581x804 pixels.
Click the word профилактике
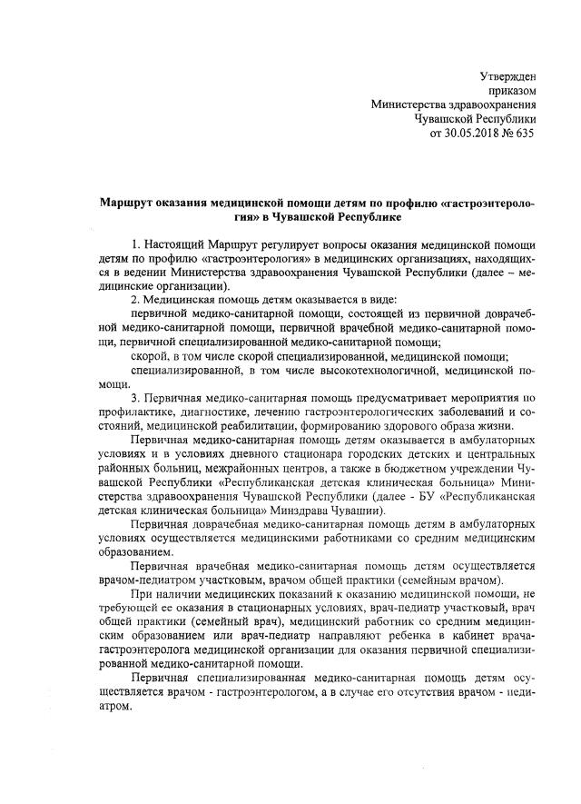click(x=131, y=413)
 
